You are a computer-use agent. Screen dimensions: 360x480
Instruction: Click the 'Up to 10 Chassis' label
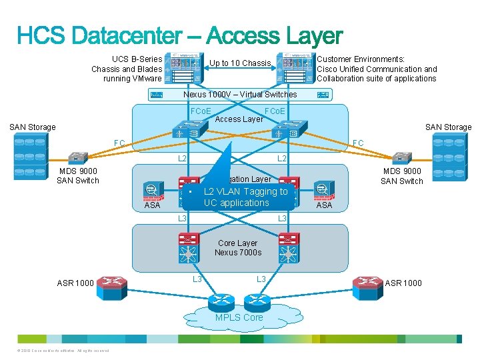pos(241,63)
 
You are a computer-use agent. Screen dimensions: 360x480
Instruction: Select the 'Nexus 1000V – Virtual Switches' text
pos(240,95)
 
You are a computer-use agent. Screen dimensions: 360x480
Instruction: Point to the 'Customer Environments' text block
pos(377,69)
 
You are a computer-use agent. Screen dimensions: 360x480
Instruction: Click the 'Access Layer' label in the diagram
pos(239,120)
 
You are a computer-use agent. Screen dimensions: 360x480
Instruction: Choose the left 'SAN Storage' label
pos(33,127)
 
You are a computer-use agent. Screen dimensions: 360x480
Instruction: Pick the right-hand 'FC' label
pos(358,143)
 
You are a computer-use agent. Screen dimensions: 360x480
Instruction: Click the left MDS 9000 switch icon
pos(78,158)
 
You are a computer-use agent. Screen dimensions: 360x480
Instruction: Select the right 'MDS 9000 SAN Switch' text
pos(401,176)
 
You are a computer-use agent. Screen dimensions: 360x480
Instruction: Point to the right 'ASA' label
pos(324,205)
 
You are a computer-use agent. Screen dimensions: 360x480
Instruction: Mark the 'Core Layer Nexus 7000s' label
pos(238,247)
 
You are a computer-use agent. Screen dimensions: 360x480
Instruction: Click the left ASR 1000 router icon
pos(111,283)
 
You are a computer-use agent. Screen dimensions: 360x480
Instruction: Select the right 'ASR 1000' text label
pos(403,283)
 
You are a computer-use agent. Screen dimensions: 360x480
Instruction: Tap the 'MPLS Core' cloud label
pos(239,317)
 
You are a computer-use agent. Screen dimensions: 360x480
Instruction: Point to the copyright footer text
pos(60,351)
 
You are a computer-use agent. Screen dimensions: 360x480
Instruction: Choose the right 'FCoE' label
pos(275,111)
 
